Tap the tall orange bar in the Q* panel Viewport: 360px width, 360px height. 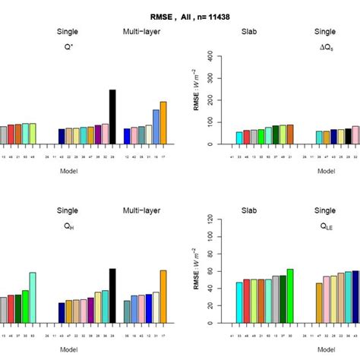[163, 123]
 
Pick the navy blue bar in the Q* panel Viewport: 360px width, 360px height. [62, 136]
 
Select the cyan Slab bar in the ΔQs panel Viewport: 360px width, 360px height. [239, 137]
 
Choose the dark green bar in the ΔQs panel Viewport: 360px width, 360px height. [275, 134]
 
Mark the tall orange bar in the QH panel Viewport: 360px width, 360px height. [163, 296]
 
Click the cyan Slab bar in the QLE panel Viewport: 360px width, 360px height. [239, 302]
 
